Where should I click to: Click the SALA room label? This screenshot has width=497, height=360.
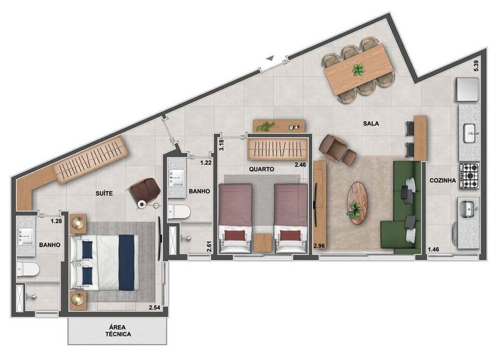371,125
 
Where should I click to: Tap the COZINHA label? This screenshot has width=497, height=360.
442,181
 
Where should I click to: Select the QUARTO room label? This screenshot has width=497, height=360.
261,169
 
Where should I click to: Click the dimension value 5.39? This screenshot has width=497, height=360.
476,66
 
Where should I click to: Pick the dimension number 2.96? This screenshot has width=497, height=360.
319,245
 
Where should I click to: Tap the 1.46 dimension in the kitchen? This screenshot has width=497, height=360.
434,249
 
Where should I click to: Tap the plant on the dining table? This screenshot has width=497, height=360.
358,70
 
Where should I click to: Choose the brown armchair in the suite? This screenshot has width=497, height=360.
145,191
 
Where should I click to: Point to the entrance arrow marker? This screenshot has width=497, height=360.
270,58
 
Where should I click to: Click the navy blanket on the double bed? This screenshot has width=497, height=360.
127,262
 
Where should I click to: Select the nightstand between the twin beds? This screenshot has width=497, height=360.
262,243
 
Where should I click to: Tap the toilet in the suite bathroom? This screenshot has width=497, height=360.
28,270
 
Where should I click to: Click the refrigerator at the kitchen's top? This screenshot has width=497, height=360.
467,88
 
